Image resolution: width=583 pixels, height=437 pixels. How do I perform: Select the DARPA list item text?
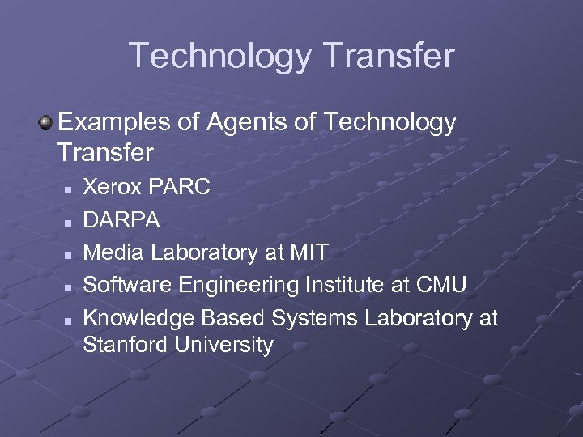pos(121,220)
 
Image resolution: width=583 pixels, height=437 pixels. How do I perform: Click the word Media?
pos(113,252)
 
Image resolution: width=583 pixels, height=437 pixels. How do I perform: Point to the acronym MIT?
pos(309,252)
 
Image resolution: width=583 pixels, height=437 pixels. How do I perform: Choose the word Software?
pos(128,285)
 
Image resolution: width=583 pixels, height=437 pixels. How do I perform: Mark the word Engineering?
pos(239,285)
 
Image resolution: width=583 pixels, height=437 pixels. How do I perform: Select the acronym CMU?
pos(441,285)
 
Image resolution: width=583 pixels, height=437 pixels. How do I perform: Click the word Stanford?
pos(122,346)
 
